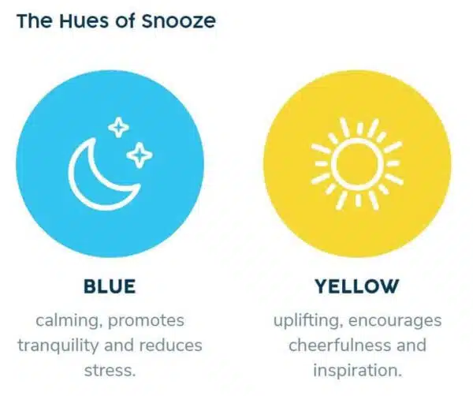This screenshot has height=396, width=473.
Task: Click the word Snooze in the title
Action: [x=179, y=21]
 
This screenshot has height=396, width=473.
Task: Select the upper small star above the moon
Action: [x=118, y=127]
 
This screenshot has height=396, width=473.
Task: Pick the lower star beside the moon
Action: [x=140, y=155]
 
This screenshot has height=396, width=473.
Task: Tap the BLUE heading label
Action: [x=110, y=286]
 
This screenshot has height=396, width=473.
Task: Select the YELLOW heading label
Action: [x=357, y=286]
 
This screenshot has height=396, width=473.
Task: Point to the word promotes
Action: [x=146, y=321]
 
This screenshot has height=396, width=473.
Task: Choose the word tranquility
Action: [x=58, y=346]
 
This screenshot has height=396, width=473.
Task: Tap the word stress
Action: [x=110, y=370]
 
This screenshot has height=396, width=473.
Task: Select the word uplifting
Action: [x=308, y=321]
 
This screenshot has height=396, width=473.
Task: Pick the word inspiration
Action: [x=357, y=370]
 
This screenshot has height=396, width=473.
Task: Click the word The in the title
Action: [x=34, y=21]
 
